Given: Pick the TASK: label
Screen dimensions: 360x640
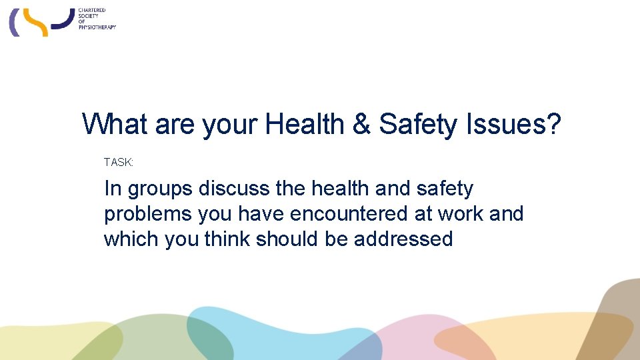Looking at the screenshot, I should (119, 162).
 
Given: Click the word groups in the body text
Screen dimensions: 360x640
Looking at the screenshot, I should (160, 190).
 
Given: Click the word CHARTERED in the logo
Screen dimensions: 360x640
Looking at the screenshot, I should (93, 11).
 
